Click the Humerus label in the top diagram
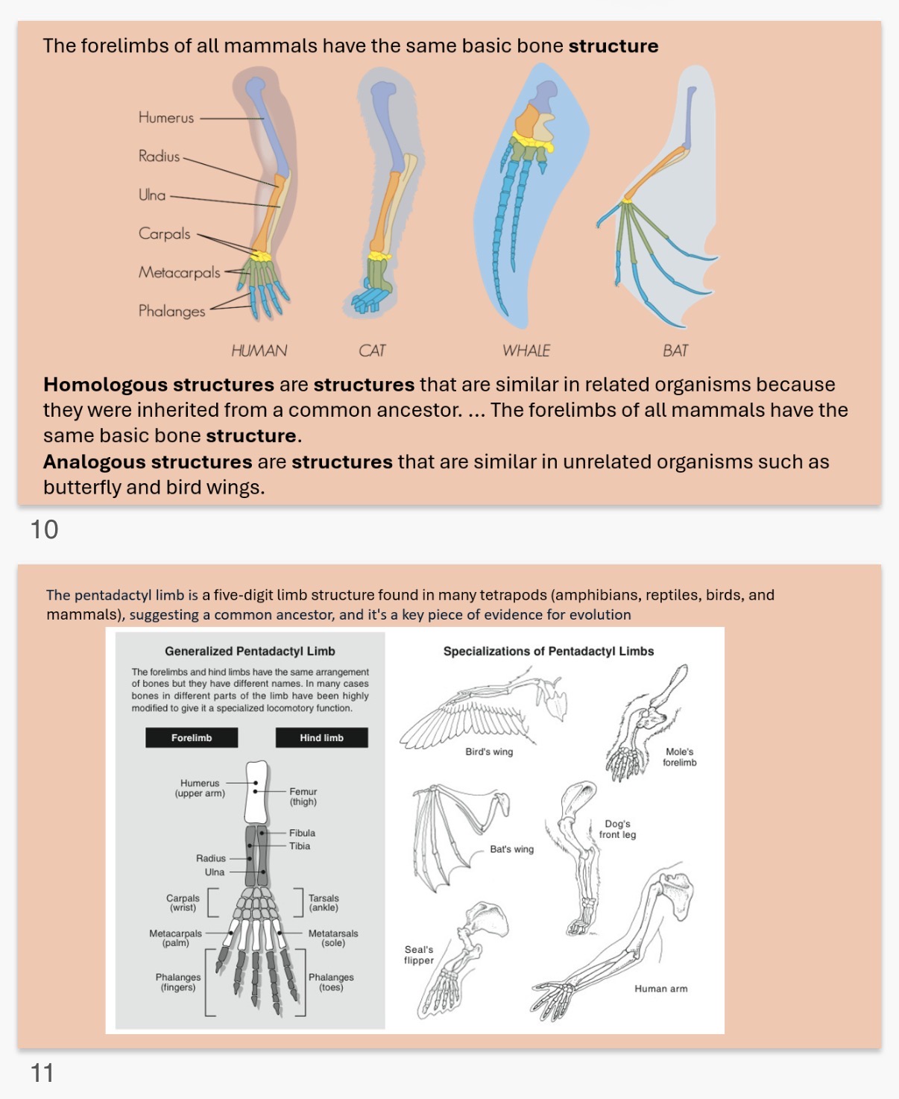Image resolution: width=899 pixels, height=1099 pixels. (x=165, y=118)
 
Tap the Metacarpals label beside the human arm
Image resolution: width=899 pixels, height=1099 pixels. (x=179, y=273)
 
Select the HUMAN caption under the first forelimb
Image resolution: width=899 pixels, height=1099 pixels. (x=259, y=351)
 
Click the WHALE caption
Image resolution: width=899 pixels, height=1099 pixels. (x=526, y=351)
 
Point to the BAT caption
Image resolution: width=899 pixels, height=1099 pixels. (x=675, y=351)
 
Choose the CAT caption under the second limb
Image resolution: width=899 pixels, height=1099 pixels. (x=372, y=351)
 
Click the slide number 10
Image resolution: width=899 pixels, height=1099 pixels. (x=44, y=529)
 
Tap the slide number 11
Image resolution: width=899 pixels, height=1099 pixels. (x=42, y=1073)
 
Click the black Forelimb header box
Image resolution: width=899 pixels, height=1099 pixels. (x=192, y=737)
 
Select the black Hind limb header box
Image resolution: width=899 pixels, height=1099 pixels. (x=321, y=737)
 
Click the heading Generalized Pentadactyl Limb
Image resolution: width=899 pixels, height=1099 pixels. (x=250, y=651)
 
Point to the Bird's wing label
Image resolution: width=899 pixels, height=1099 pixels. (x=489, y=752)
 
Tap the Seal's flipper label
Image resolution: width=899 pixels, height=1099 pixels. (x=419, y=955)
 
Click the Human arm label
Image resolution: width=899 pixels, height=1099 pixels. (x=660, y=989)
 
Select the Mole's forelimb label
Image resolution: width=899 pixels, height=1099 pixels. (x=679, y=757)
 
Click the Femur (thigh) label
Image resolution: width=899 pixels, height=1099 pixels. (x=303, y=796)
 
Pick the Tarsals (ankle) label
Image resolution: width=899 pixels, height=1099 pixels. (x=324, y=903)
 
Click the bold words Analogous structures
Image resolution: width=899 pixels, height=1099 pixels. (x=148, y=462)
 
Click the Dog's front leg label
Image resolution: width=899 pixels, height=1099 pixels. (x=617, y=829)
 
